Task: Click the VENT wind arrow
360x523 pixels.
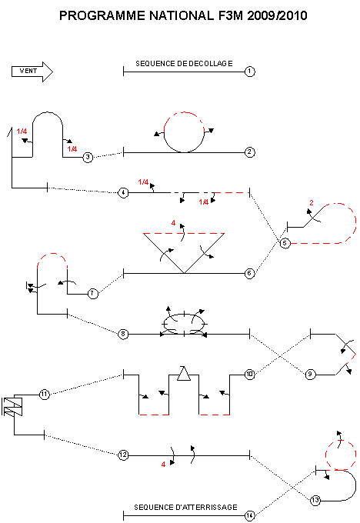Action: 32,72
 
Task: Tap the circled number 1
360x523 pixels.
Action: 249,72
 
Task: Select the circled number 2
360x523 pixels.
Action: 249,152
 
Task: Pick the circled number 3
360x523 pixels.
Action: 88,157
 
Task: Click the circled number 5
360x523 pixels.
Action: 285,243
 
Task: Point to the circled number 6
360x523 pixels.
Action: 249,274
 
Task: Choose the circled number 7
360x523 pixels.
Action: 93,294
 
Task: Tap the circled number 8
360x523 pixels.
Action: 123,334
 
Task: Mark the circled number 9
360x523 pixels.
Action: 310,375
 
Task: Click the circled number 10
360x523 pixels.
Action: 249,375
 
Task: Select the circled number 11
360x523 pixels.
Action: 45,395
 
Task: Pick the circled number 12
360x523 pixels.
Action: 123,455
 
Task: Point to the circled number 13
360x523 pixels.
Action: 315,501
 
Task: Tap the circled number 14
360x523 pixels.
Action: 249,515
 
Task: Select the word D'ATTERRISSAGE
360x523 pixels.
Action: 206,508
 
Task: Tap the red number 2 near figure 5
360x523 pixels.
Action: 312,202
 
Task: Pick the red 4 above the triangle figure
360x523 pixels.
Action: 173,223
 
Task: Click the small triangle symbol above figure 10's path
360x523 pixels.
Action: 184,374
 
